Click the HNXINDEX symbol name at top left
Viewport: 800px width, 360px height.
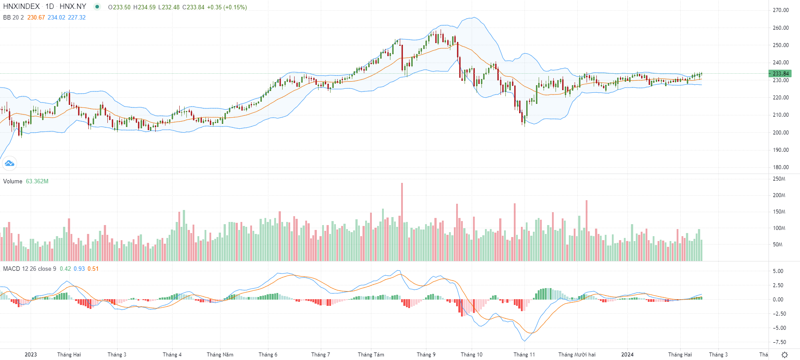[x=21, y=7]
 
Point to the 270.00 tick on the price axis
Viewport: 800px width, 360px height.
[x=780, y=10]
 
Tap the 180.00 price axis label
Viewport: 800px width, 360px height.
[x=780, y=167]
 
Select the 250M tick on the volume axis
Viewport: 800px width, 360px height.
[x=779, y=179]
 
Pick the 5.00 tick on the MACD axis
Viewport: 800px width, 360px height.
[x=778, y=271]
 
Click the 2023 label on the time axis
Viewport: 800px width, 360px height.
[x=31, y=354]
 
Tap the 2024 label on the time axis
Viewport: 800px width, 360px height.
[x=627, y=354]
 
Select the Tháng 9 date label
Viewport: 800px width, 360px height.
[x=426, y=354]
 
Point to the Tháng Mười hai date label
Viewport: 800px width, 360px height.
[x=577, y=354]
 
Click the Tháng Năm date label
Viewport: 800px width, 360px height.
[x=220, y=354]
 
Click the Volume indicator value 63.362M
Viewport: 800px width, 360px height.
[x=37, y=181]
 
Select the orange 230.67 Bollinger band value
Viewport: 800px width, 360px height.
[x=36, y=17]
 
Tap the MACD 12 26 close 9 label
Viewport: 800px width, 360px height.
[x=30, y=269]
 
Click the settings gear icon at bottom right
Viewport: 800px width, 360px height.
[x=784, y=354]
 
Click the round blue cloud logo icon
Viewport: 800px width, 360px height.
[x=9, y=163]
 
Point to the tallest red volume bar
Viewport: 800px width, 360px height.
[x=402, y=222]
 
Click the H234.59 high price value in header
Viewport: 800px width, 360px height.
[x=144, y=7]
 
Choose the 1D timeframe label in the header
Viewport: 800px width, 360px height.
[x=50, y=7]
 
